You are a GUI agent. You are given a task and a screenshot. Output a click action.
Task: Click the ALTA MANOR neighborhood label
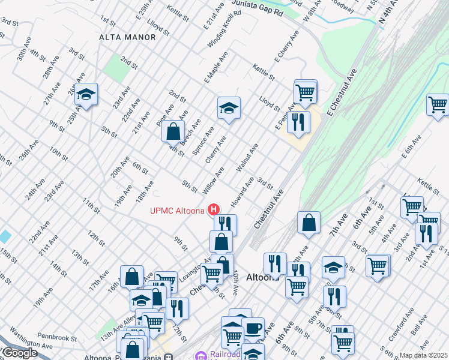click(x=127, y=37)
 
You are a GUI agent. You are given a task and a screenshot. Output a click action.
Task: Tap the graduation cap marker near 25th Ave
click(x=86, y=94)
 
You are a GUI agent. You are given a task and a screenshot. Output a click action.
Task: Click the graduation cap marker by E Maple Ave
click(x=228, y=109)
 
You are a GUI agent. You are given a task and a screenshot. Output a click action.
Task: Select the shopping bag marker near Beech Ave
click(x=173, y=130)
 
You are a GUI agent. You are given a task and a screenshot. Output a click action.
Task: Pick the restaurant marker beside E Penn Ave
click(x=298, y=122)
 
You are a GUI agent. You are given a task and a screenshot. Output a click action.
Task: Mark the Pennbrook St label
click(x=57, y=338)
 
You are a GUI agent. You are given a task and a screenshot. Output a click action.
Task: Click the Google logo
click(x=20, y=353)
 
